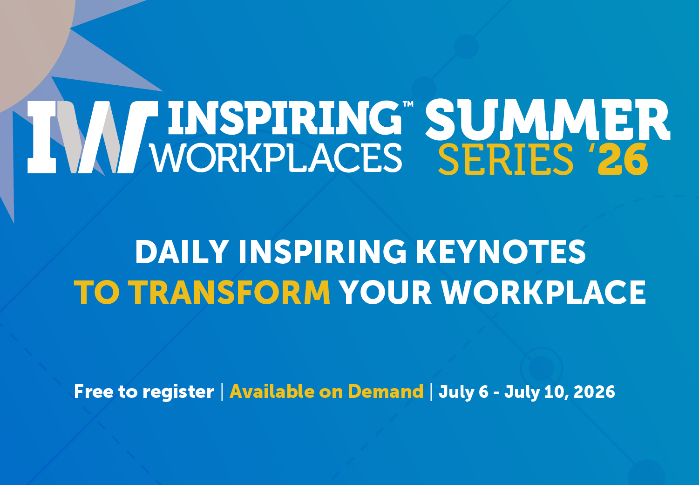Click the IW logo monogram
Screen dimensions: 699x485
pos(93,137)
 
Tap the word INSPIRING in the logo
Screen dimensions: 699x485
pos(285,118)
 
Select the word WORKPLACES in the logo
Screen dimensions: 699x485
pos(277,158)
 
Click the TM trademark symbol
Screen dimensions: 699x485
pos(408,104)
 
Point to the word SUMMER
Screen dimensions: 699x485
pos(548,120)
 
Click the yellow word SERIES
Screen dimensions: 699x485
pos(506,159)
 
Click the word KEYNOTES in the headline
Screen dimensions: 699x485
pos(501,252)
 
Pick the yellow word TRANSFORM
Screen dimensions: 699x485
pos(229,292)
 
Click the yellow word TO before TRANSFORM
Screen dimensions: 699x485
pos(97,292)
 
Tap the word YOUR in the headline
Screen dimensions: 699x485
pos(386,292)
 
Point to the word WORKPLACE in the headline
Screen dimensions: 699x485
pos(543,292)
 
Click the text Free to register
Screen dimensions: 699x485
pos(144,391)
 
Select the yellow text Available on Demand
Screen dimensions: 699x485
pos(326,391)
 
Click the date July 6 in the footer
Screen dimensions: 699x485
pos(463,392)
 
